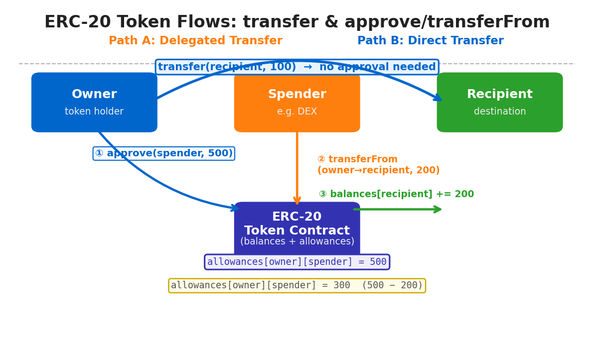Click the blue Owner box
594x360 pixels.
coord(94,102)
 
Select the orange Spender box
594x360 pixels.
coord(297,102)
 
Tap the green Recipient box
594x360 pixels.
coord(500,102)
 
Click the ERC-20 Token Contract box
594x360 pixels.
coord(297,229)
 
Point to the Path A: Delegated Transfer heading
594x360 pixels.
coord(195,40)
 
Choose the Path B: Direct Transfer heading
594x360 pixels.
coord(431,40)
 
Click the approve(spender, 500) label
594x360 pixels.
coord(163,153)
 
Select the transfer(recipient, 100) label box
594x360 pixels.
coord(297,67)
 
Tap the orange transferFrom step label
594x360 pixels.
coord(378,165)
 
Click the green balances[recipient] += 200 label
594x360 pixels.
coord(396,194)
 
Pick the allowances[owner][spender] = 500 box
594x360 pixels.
coord(297,262)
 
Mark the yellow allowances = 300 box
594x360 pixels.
coord(297,285)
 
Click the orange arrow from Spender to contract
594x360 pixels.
coord(297,168)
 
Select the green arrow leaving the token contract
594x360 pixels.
coord(397,209)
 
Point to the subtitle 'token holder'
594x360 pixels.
coord(94,112)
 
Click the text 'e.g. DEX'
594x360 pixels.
coord(297,112)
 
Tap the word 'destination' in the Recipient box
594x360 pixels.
coord(500,112)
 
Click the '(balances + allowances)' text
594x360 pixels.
coord(297,241)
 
